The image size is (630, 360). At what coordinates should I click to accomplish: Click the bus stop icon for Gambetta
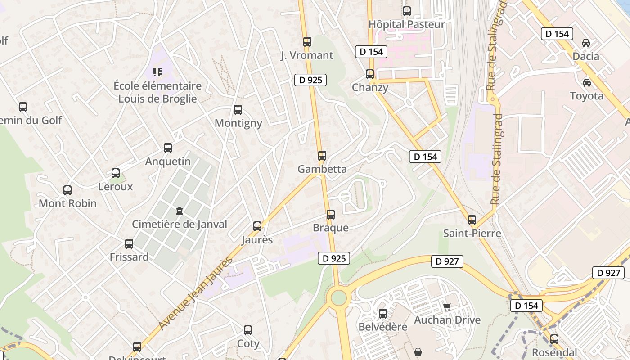[322, 156]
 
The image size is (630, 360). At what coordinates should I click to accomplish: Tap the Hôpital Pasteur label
[406, 24]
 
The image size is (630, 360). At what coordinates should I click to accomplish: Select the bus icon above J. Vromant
[307, 42]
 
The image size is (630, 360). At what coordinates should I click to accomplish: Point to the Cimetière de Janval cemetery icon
[180, 211]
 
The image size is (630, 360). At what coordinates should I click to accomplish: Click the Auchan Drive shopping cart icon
[447, 307]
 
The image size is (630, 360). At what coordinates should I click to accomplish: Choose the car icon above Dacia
[585, 43]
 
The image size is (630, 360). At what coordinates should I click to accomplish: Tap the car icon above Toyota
[586, 83]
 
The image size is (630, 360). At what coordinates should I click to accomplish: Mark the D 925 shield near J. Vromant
[310, 80]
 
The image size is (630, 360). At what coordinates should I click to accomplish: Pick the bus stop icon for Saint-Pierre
[472, 220]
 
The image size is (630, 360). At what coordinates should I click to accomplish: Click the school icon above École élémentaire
[157, 72]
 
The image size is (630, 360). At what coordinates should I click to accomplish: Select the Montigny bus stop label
[238, 123]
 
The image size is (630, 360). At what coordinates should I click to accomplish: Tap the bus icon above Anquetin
[168, 148]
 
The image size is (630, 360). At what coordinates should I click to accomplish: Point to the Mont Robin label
[67, 203]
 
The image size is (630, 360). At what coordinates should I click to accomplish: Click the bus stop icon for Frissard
[129, 244]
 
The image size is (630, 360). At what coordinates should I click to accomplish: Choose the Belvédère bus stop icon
[382, 314]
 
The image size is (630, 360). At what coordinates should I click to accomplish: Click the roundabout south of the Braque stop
[338, 297]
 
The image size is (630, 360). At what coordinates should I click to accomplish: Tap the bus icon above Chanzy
[370, 74]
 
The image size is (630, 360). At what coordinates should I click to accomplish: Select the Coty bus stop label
[248, 344]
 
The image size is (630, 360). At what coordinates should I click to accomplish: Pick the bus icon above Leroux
[116, 173]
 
